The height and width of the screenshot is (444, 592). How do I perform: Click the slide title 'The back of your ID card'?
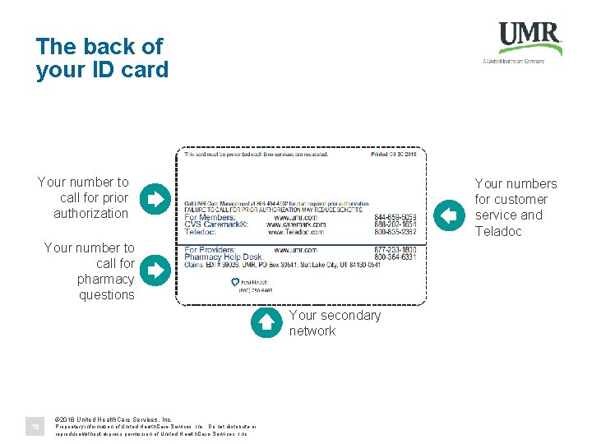[101, 58]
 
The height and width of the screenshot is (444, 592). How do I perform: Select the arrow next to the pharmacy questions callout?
[154, 269]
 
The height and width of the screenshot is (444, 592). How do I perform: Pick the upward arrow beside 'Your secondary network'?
[266, 323]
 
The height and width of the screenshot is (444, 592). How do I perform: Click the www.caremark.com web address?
[295, 224]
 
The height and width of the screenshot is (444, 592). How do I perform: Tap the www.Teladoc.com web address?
[295, 232]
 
